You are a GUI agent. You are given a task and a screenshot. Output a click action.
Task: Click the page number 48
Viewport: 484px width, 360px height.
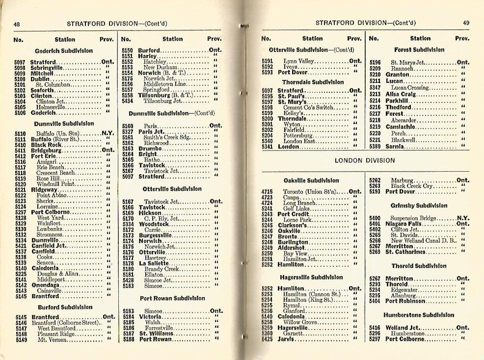[17, 25]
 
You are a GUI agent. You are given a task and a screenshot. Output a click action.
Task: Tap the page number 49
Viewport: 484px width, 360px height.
[466, 23]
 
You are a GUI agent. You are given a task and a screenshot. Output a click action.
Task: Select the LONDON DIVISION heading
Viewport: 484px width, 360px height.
[364, 160]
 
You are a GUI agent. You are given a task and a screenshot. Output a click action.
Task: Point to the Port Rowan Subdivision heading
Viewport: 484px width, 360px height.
[172, 298]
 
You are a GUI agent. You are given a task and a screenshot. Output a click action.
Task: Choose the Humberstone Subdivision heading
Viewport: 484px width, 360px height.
[419, 315]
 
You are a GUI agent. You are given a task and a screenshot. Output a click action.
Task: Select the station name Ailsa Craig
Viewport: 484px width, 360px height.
[401, 94]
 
